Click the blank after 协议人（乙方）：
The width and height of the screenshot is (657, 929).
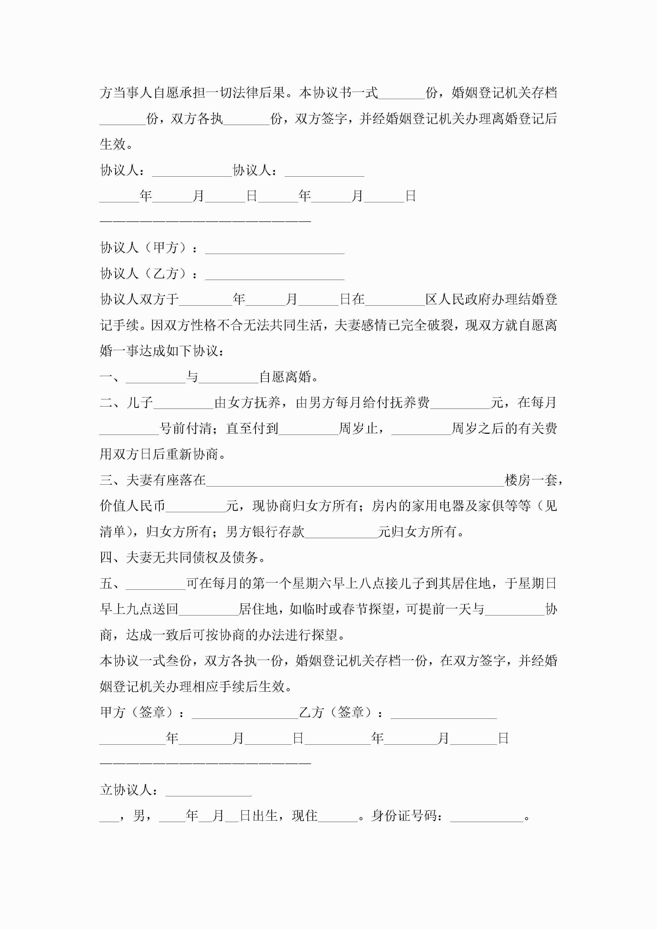(x=274, y=274)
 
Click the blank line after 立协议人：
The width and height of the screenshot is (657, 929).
(x=208, y=790)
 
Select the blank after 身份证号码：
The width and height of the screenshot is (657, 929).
(x=487, y=816)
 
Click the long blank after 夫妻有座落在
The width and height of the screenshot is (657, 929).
(x=355, y=480)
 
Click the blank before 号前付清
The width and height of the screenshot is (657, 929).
(x=129, y=429)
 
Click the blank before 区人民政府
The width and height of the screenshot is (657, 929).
(x=395, y=300)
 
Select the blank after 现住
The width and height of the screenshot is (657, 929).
(x=338, y=816)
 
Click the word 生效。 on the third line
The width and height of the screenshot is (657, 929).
(x=116, y=144)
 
